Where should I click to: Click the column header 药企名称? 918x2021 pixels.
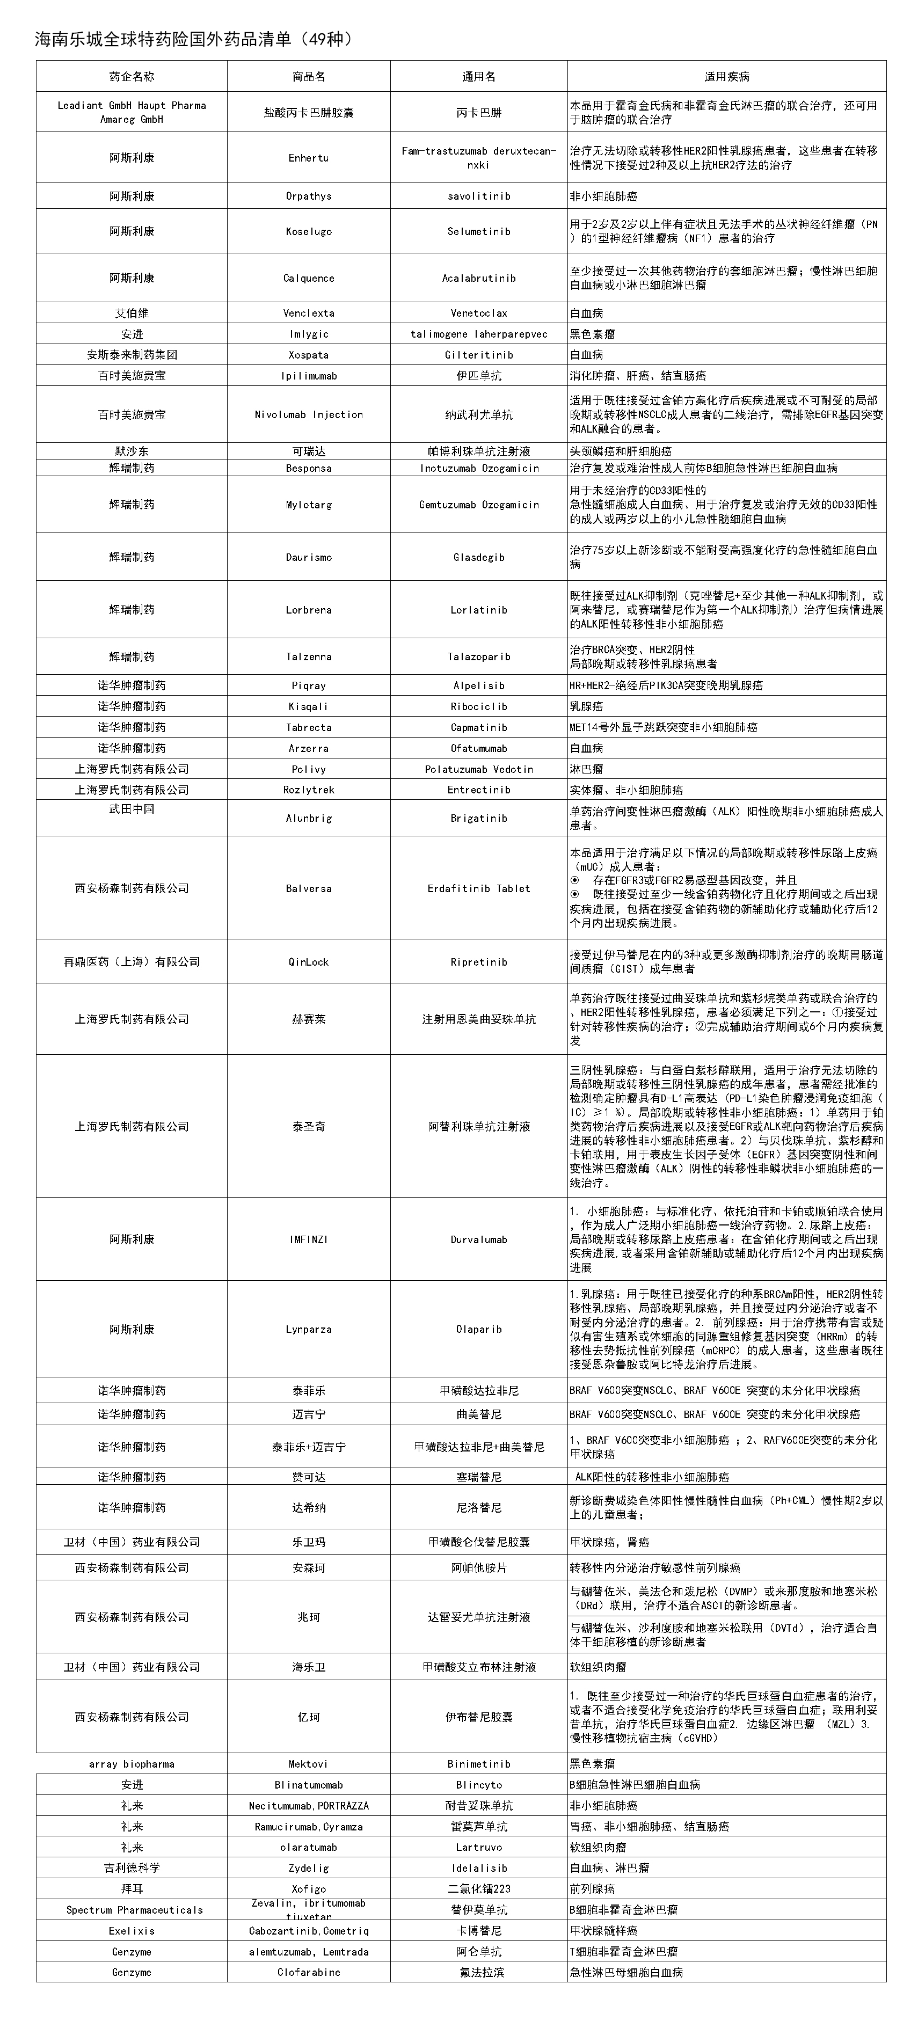coord(132,77)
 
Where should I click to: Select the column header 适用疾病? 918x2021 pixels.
coord(726,77)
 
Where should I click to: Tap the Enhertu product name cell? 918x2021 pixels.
coord(308,158)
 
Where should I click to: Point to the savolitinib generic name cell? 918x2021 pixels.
coord(479,196)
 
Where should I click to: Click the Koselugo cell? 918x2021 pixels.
coord(308,231)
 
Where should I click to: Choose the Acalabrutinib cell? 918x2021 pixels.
coord(479,278)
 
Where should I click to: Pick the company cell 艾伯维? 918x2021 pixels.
coord(132,313)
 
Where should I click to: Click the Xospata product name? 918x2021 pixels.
coord(308,355)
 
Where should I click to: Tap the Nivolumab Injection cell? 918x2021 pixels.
coord(308,414)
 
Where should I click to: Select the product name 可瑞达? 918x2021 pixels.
coord(308,451)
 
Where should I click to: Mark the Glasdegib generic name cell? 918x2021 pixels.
coord(479,557)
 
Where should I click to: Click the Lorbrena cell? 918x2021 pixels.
coord(308,610)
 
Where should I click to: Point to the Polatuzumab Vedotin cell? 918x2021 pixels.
coord(479,769)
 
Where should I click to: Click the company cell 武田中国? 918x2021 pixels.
coord(132,809)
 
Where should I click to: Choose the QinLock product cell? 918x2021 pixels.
coord(308,962)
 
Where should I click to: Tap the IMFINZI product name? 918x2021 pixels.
coord(308,1239)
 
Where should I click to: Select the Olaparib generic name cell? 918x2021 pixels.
coord(479,1329)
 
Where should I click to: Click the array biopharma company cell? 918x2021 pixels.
coord(132,1764)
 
